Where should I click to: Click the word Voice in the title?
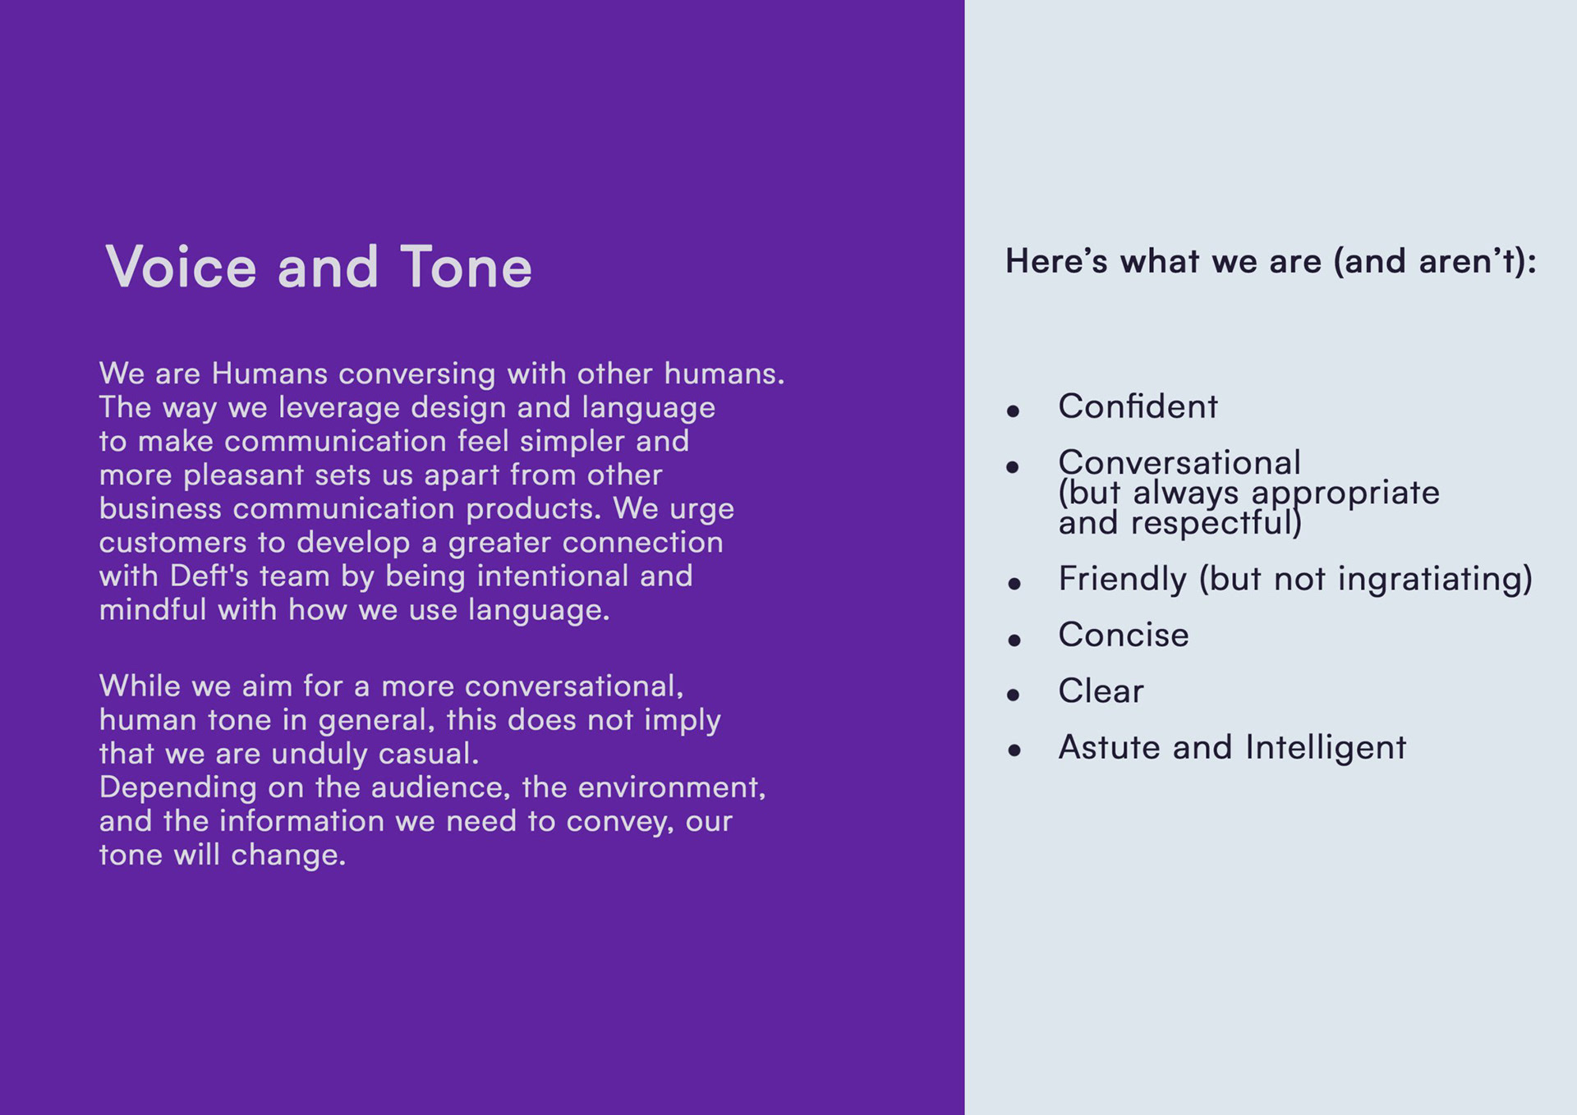[x=181, y=267]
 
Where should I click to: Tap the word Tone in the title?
[x=466, y=267]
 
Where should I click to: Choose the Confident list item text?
[x=1138, y=406]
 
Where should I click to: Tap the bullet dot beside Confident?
[x=1014, y=411]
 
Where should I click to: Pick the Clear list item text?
[x=1101, y=691]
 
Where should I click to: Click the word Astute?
[x=1110, y=747]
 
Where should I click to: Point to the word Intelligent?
[x=1326, y=747]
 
